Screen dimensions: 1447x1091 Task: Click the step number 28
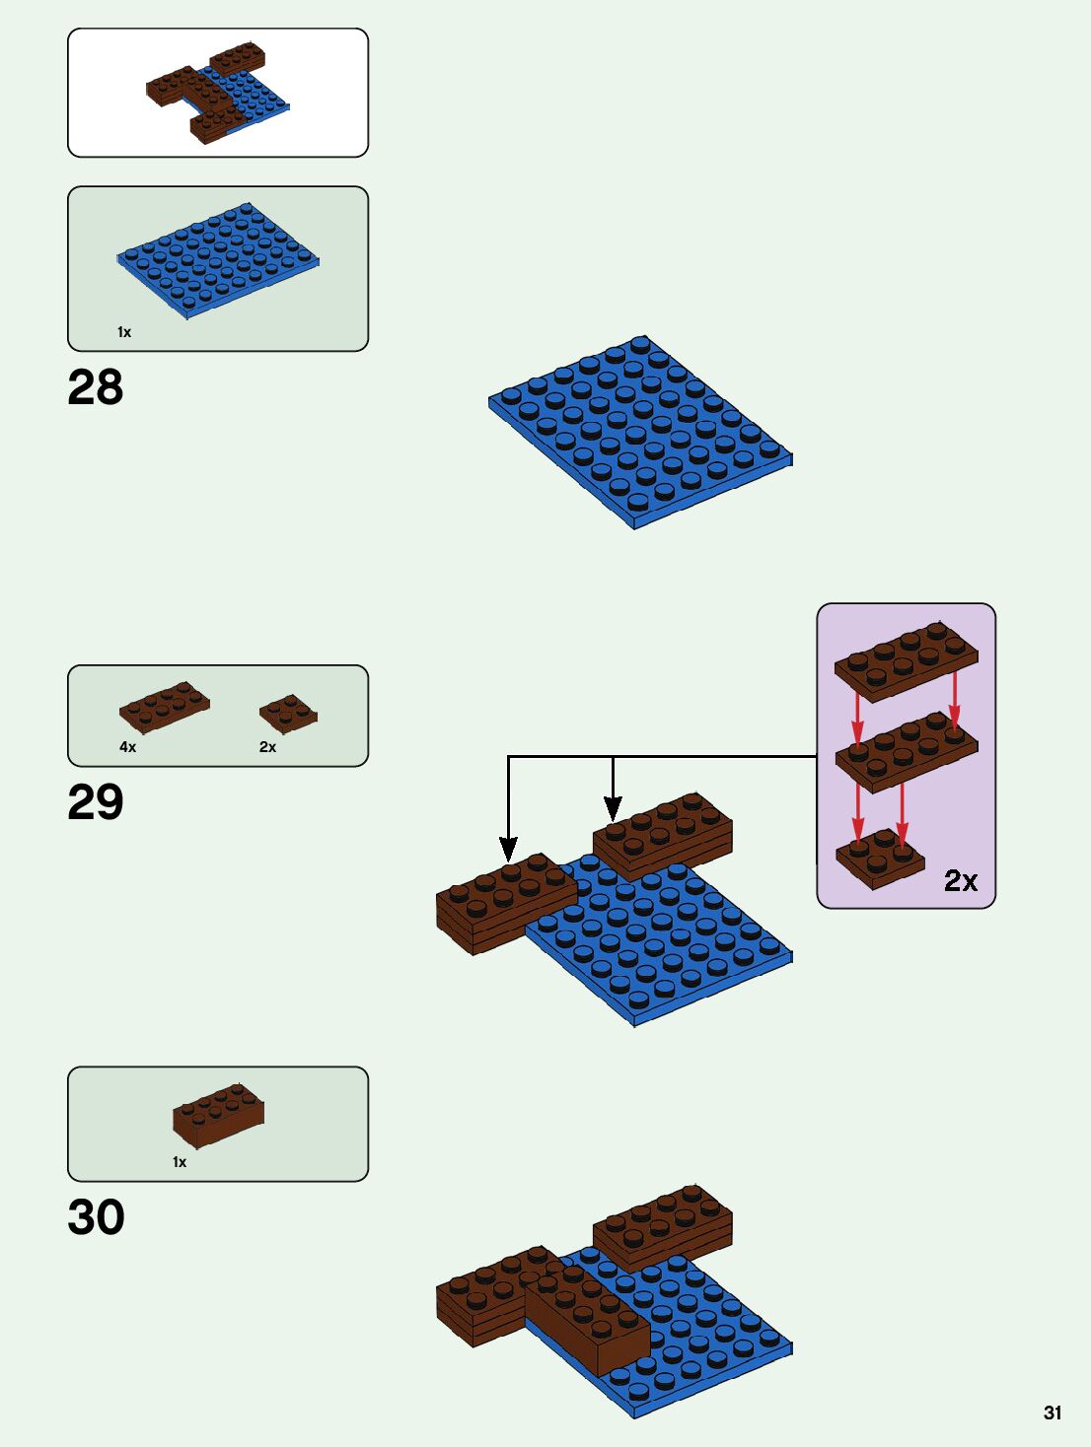[96, 387]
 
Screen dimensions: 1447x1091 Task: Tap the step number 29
[96, 802]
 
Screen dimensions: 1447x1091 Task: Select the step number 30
[96, 1217]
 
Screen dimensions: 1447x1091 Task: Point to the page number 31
[1053, 1413]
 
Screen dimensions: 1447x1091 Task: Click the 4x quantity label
[127, 747]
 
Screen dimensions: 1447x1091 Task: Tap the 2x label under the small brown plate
[267, 747]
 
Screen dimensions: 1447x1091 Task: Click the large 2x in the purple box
[960, 880]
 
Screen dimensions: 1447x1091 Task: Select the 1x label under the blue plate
[124, 332]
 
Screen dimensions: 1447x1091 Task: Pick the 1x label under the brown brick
[180, 1162]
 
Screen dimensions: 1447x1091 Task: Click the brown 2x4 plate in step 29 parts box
[164, 707]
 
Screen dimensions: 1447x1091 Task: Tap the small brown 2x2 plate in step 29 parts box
[288, 714]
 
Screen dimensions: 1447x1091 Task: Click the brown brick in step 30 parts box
[218, 1116]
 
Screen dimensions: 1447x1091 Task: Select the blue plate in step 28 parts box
[218, 260]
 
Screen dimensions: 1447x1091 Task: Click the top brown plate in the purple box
[906, 660]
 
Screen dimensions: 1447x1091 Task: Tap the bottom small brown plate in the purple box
[879, 859]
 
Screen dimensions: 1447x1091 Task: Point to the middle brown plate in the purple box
[906, 752]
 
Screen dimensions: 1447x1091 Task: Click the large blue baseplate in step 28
[639, 432]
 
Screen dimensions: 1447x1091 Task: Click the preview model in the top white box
[218, 94]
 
